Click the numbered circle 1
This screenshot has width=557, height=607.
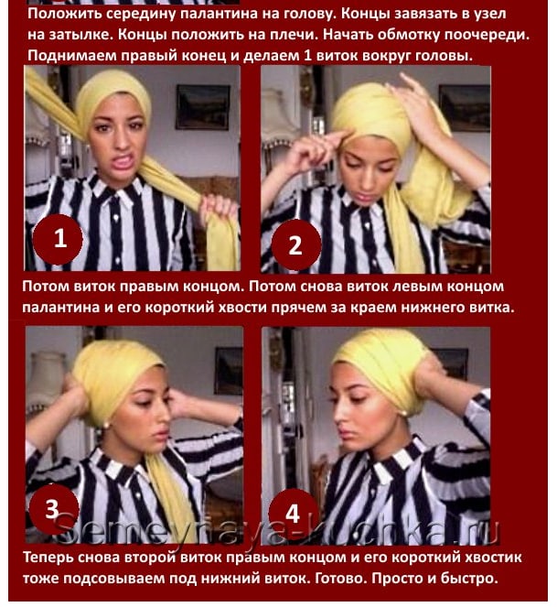(x=58, y=239)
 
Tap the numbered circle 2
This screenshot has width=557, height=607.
(x=296, y=245)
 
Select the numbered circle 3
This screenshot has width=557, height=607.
(x=53, y=509)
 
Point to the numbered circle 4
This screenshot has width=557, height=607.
(x=293, y=514)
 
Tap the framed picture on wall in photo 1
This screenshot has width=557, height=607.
(x=203, y=107)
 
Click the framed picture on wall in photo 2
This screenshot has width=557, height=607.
(x=464, y=107)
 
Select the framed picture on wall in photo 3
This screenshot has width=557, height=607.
(x=229, y=371)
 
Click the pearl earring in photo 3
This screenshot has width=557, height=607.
(x=105, y=426)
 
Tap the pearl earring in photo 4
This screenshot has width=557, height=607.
(x=404, y=414)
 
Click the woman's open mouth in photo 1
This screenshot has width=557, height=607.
(x=123, y=160)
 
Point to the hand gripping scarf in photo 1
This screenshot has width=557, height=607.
(x=218, y=210)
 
